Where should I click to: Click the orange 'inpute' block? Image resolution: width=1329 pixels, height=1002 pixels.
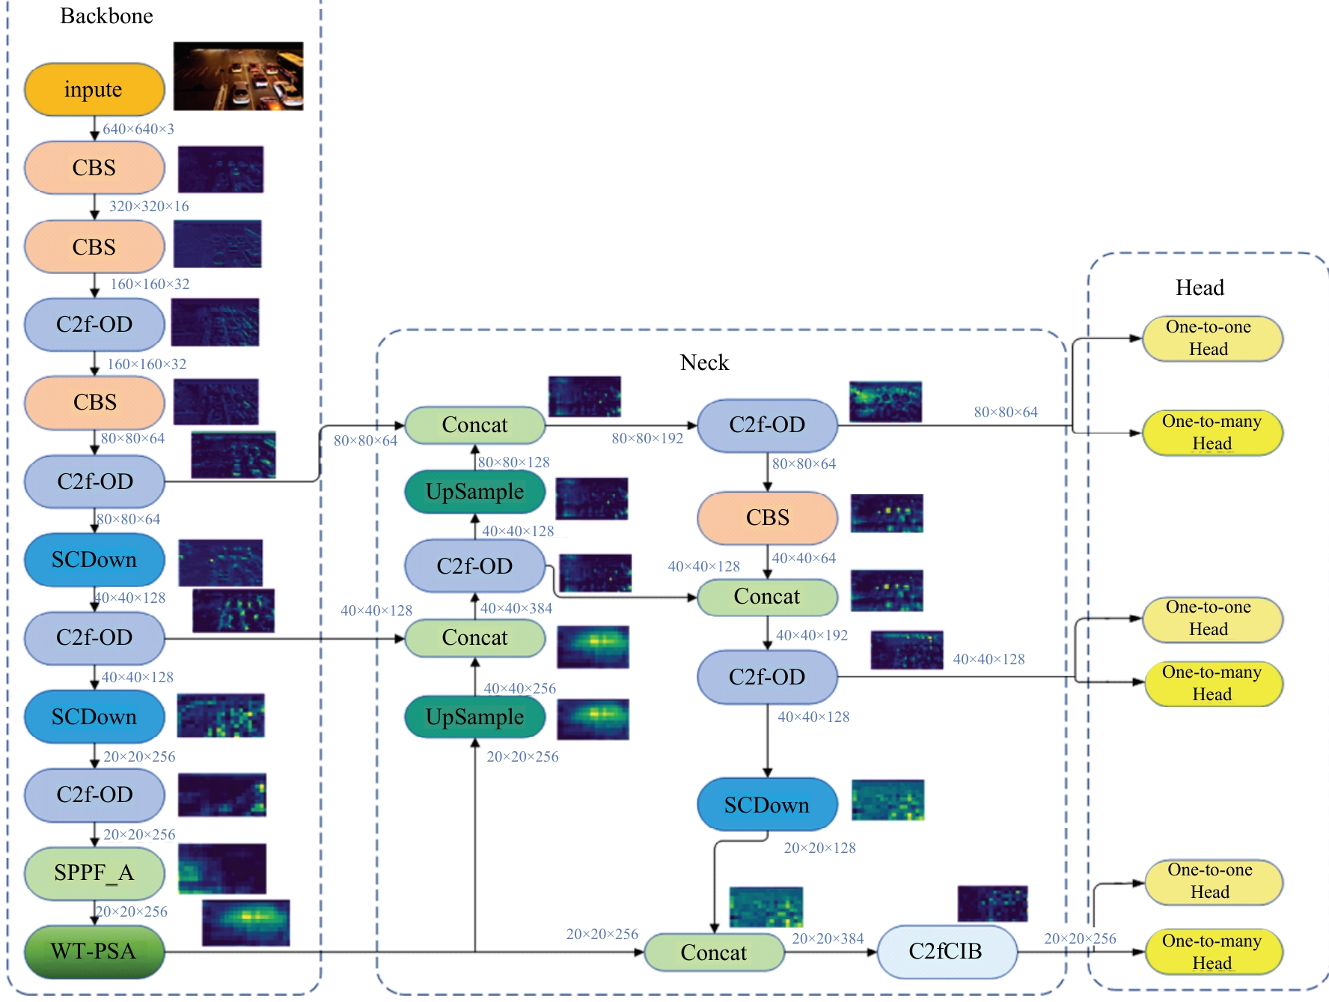(x=94, y=90)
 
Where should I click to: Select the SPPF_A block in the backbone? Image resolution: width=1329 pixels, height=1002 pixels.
(x=94, y=873)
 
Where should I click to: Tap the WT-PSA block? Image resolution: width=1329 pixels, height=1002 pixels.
(x=94, y=952)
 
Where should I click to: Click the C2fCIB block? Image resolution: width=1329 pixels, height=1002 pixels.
(x=946, y=952)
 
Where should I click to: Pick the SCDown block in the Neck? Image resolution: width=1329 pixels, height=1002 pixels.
(x=767, y=805)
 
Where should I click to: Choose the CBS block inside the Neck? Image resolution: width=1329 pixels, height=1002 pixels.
(x=767, y=517)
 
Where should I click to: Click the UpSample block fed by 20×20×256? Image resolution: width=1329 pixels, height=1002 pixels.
(x=474, y=717)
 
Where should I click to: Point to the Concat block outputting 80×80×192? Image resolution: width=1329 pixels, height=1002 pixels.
(x=474, y=425)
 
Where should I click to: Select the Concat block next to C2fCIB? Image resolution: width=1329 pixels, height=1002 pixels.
(x=714, y=953)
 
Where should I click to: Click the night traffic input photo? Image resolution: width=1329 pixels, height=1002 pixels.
(x=238, y=76)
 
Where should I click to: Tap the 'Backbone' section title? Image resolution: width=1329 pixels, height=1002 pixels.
(x=106, y=16)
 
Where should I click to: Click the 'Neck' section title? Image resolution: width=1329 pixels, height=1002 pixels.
(x=704, y=363)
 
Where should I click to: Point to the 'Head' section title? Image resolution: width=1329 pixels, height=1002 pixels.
(x=1200, y=288)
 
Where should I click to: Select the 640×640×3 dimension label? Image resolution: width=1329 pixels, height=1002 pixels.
(x=138, y=130)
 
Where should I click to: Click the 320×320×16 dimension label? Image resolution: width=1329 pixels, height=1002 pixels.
(x=149, y=207)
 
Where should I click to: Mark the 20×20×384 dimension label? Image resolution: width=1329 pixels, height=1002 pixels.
(x=828, y=939)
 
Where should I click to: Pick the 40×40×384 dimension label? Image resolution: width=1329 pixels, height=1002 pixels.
(x=516, y=609)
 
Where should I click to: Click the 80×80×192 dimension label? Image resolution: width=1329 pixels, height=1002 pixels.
(x=647, y=439)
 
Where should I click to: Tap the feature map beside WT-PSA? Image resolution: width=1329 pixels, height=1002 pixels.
(x=245, y=923)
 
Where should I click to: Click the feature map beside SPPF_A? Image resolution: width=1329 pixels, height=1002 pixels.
(x=222, y=869)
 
